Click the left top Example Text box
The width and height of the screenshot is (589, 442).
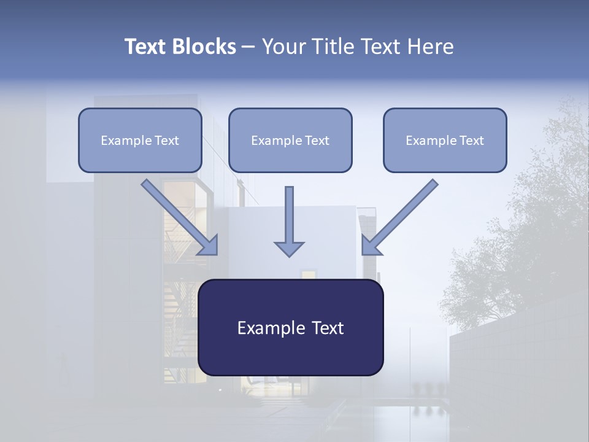(140, 140)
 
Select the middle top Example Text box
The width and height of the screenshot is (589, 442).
(290, 140)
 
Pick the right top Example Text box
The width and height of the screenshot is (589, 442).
(445, 140)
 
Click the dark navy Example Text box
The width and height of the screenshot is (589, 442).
(290, 327)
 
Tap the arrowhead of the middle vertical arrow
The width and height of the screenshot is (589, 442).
(289, 248)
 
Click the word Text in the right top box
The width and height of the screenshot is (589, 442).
(471, 141)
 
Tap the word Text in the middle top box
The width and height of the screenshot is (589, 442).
(317, 141)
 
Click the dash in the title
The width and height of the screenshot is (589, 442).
(248, 47)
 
